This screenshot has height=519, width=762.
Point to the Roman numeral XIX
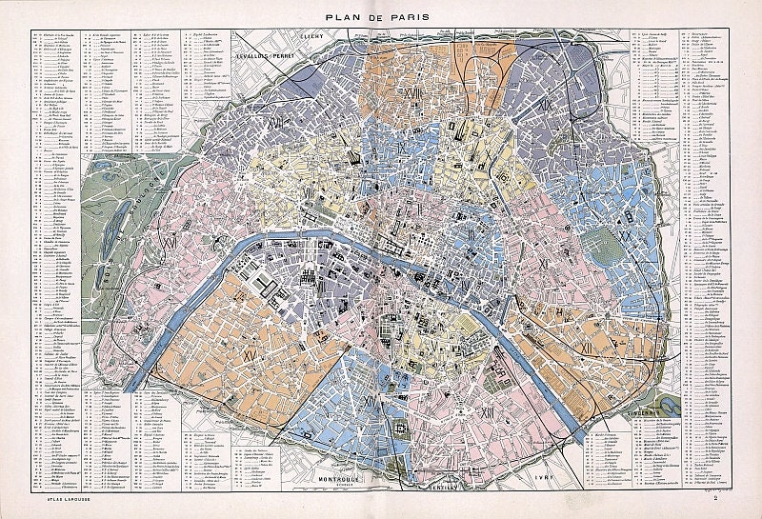(x=547, y=105)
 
